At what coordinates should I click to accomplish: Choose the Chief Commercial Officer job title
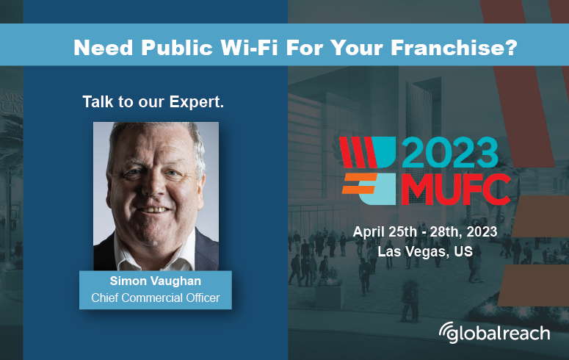[x=156, y=298]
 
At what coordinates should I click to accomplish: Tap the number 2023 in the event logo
[x=451, y=154]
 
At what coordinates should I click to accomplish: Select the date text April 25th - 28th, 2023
[x=425, y=231]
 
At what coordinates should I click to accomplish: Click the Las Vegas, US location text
[x=424, y=251]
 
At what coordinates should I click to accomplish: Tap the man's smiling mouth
[x=155, y=209]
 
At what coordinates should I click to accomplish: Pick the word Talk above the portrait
[x=97, y=102]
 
